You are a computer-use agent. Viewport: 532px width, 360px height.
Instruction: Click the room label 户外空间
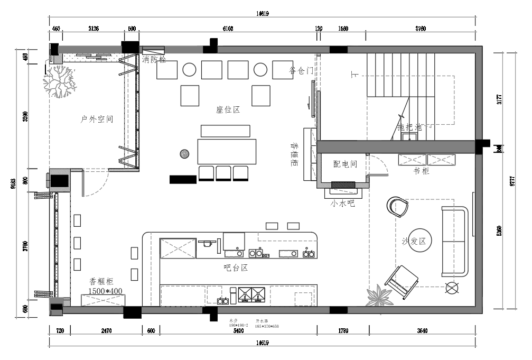pyautogui.click(x=97, y=119)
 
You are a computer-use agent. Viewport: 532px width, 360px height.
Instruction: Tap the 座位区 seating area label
pyautogui.click(x=228, y=110)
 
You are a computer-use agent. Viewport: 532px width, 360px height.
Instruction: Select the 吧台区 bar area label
pyautogui.click(x=236, y=267)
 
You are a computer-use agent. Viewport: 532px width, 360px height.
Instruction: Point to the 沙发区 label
pyautogui.click(x=414, y=241)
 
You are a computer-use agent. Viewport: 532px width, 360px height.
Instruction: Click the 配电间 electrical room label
pyautogui.click(x=345, y=164)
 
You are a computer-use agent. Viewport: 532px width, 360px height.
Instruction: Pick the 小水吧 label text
pyautogui.click(x=342, y=202)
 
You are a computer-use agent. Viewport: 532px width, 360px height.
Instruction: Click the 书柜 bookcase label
pyautogui.click(x=422, y=171)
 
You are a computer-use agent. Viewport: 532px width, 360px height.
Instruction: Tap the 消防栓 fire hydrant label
pyautogui.click(x=154, y=60)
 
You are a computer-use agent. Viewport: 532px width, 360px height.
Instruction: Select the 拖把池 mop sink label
pyautogui.click(x=409, y=127)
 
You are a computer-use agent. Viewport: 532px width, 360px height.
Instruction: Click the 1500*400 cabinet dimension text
pyautogui.click(x=105, y=291)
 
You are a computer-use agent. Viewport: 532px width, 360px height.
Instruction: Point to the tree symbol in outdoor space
pyautogui.click(x=59, y=82)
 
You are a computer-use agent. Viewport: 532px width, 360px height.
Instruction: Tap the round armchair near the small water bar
pyautogui.click(x=397, y=207)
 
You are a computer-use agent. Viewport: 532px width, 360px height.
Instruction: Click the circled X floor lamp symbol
pyautogui.click(x=452, y=288)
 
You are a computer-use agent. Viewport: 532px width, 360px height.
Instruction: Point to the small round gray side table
pyautogui.click(x=184, y=154)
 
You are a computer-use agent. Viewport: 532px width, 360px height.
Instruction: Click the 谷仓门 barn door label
pyautogui.click(x=302, y=70)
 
